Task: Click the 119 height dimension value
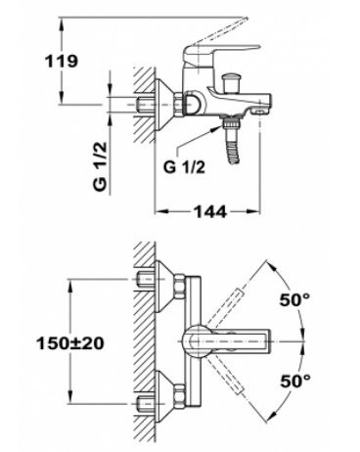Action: point(62,61)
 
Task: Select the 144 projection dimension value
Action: point(210,211)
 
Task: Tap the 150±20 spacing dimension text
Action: point(70,342)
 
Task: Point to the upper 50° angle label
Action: point(294,299)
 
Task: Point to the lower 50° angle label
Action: point(295,381)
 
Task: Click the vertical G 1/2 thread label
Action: point(101,166)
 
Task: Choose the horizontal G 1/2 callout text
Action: point(184,167)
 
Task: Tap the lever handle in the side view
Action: point(222,51)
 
